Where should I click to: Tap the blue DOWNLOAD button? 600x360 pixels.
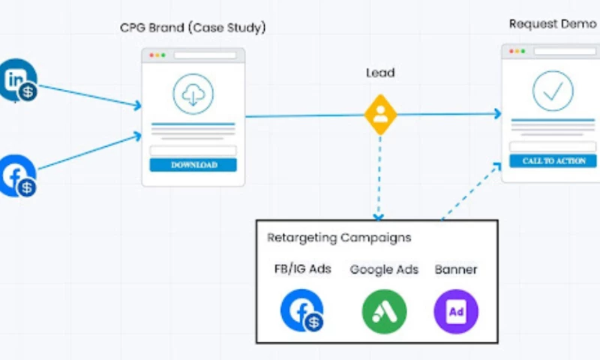(x=193, y=165)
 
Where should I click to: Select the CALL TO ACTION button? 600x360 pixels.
(x=553, y=160)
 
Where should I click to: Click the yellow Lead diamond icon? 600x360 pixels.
(x=380, y=114)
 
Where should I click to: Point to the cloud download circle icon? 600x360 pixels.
(x=193, y=94)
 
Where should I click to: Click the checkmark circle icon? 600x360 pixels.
(x=553, y=91)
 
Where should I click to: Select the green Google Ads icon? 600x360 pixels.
(x=384, y=311)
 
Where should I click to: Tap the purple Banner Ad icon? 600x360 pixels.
(x=456, y=311)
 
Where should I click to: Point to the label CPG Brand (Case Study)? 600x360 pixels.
(x=193, y=28)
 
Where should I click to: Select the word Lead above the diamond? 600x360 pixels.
(x=380, y=73)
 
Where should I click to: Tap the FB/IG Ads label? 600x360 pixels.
(x=302, y=269)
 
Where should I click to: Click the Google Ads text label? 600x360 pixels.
(x=384, y=269)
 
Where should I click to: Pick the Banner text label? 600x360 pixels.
(x=456, y=269)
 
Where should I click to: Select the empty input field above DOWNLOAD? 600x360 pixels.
(x=193, y=151)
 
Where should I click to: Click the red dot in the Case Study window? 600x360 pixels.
(x=151, y=55)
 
